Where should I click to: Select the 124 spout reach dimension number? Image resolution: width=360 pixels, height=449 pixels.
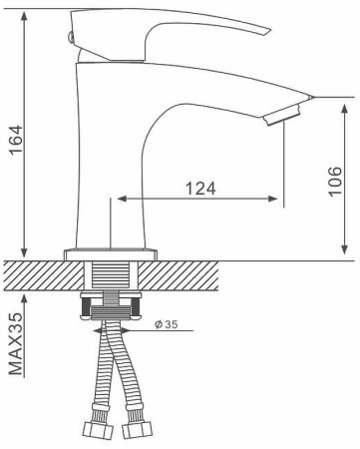(201, 188)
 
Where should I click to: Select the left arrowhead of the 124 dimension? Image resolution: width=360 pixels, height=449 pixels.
(124, 200)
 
